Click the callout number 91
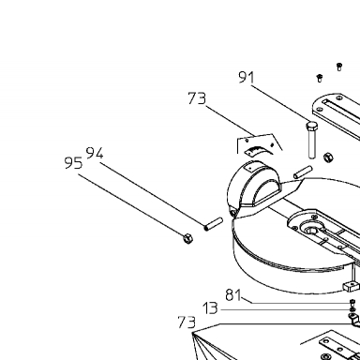coord(247,77)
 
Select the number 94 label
coord(95,153)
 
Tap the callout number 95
coord(73,163)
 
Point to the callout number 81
coord(233,295)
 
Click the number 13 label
coord(210,308)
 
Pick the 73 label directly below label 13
coord(187,322)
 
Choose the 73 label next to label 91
coord(197,98)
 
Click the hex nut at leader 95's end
coord(187,239)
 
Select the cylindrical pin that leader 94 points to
coord(213,224)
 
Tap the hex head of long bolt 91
coord(311,127)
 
